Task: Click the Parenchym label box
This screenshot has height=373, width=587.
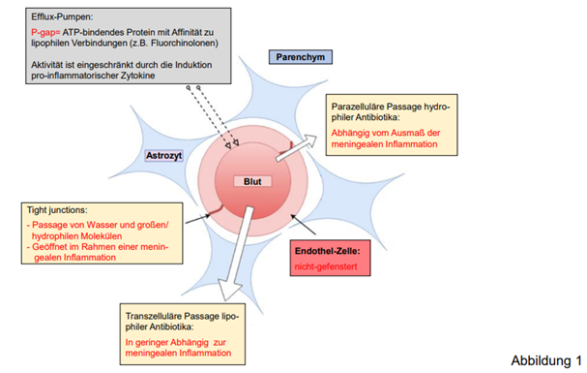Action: pos(300,57)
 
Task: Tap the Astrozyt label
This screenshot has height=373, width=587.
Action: pos(164,156)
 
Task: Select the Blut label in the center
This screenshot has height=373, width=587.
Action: pos(252,181)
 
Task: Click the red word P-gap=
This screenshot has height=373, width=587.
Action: pos(45,32)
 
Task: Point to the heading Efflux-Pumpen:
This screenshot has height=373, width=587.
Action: pos(62,16)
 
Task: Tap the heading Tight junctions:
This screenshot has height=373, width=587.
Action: pos(57,210)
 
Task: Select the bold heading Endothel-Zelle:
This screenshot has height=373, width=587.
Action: pos(328,251)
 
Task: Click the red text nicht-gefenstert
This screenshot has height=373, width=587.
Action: pos(326,266)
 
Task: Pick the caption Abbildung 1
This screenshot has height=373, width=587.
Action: pos(546,360)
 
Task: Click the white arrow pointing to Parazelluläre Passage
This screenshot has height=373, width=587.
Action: pos(296,148)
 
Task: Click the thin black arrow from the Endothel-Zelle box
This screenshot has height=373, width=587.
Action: pos(304,225)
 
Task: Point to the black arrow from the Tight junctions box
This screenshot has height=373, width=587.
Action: pos(198,219)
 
